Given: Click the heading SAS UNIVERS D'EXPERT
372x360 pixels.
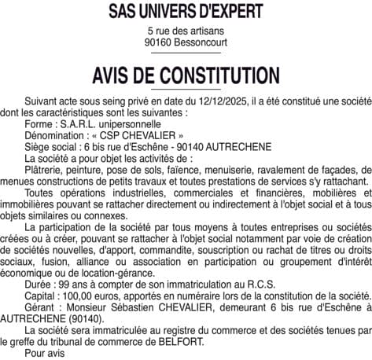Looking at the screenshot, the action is click(x=186, y=12).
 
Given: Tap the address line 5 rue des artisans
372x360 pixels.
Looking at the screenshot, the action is click(x=186, y=30).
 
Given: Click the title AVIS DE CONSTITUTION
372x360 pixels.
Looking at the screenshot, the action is click(x=186, y=75).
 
